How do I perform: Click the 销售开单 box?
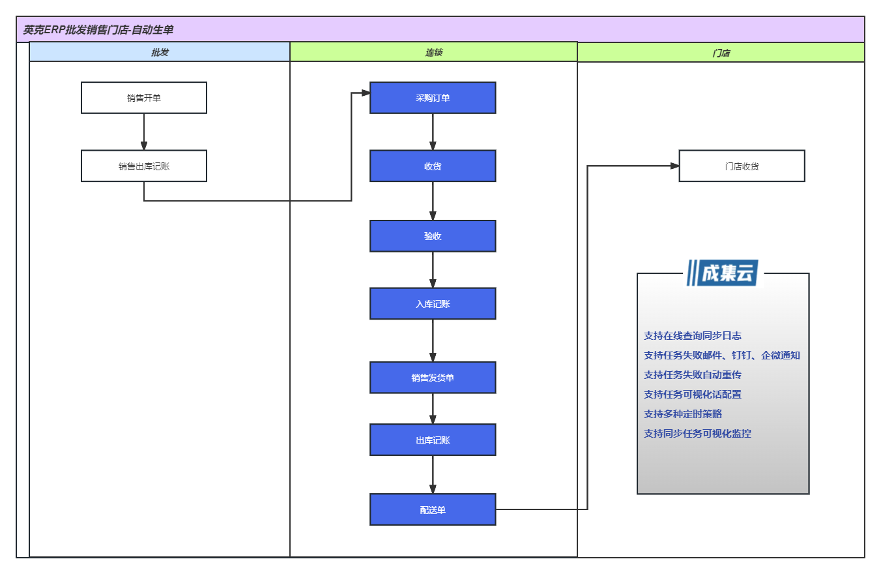(144, 98)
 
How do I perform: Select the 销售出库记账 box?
(144, 166)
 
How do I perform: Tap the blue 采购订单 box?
(433, 98)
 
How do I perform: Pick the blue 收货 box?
(433, 166)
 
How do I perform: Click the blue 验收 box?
(433, 236)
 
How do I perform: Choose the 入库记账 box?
(433, 303)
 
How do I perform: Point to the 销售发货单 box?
(433, 378)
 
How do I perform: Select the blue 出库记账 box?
(433, 440)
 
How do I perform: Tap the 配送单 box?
(433, 509)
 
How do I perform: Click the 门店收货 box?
(742, 166)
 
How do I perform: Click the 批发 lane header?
(160, 52)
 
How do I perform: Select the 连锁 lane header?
(433, 52)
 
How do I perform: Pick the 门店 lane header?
(721, 52)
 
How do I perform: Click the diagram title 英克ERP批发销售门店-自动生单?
(98, 29)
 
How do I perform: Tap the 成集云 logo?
(723, 273)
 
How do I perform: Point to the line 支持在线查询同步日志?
(692, 336)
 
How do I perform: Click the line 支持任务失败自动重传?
(692, 375)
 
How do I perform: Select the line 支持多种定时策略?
(683, 414)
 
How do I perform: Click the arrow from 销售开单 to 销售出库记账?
(144, 132)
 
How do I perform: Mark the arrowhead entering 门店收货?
(674, 166)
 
